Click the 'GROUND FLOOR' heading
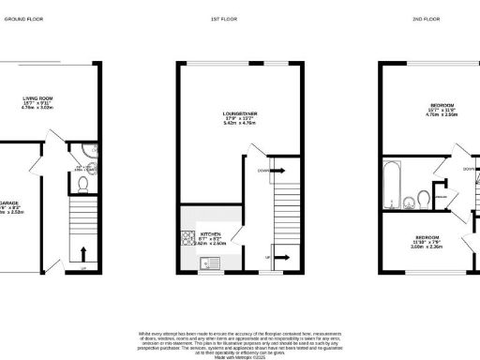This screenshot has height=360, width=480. (27, 18)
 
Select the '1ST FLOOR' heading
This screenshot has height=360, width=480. (240, 18)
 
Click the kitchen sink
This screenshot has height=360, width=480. (214, 262)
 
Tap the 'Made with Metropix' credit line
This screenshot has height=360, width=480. (240, 356)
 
